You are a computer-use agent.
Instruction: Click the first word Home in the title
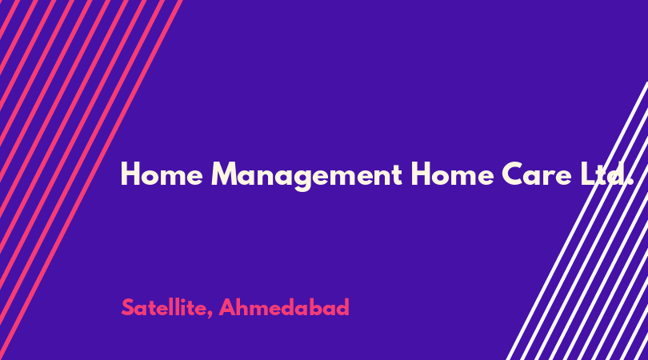tap(162, 174)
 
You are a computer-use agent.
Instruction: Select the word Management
tap(306, 176)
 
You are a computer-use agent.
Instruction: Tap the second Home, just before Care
tap(452, 174)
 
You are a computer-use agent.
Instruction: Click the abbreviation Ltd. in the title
tap(606, 174)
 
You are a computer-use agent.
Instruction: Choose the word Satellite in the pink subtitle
tap(166, 307)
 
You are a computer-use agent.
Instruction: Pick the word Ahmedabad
tap(284, 307)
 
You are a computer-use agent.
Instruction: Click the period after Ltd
tap(630, 182)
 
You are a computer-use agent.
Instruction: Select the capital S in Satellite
tap(128, 307)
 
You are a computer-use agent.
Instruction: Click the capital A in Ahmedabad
tap(226, 307)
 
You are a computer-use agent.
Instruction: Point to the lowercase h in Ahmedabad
tap(243, 307)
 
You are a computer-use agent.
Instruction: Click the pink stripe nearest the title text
tap(91, 180)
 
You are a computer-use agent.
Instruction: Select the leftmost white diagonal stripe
tap(578, 221)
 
